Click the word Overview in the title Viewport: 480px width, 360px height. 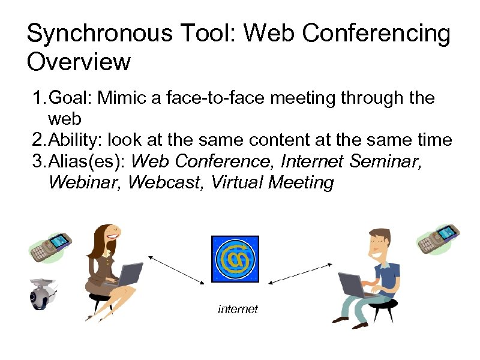79,62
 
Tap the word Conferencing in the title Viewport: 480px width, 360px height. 376,34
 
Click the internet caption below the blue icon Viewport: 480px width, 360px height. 238,309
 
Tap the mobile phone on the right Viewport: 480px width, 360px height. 438,238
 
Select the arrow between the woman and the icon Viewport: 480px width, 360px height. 177,269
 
